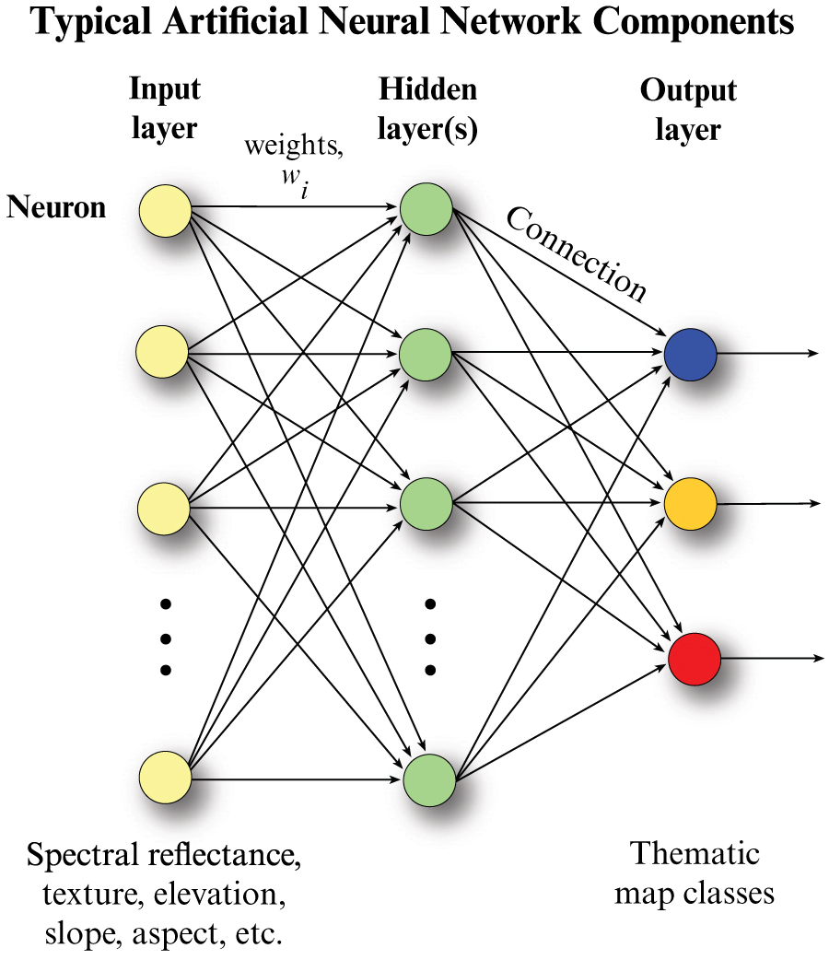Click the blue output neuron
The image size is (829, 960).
click(690, 353)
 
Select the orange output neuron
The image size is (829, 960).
click(690, 504)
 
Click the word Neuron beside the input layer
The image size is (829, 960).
click(56, 207)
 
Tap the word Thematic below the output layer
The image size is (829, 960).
click(695, 853)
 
